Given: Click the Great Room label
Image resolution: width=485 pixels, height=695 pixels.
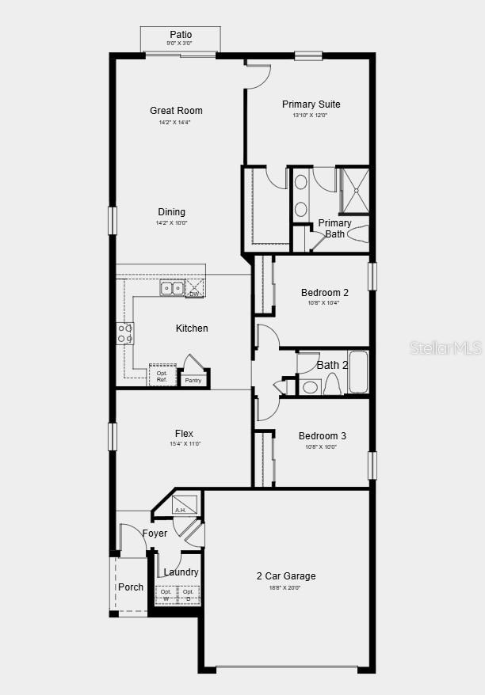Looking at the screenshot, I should pos(176,111).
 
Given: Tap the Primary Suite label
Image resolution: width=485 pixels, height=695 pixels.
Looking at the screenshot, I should pos(311,104).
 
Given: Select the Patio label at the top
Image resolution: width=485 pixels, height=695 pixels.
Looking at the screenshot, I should pos(181,35).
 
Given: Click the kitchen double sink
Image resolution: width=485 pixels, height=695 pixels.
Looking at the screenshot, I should pos(172,288).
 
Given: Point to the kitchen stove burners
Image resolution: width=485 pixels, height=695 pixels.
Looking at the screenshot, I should pos(125,333).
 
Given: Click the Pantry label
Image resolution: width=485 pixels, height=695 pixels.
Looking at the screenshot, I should pos(193,381).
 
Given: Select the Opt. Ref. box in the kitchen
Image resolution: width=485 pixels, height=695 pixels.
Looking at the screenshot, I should pos(162,376).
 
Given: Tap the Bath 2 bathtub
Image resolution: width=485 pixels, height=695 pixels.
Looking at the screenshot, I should pos(358,373).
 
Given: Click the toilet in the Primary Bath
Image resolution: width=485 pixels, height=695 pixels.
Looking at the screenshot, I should pos(357,234).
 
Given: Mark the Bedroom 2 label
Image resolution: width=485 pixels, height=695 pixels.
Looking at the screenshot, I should pos(324,293).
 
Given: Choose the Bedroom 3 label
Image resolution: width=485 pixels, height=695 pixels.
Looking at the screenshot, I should pos(322,436).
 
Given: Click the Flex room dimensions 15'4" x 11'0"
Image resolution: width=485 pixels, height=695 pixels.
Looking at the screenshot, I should pos(184,444).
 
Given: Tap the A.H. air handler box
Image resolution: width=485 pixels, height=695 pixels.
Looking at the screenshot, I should pos(185,505).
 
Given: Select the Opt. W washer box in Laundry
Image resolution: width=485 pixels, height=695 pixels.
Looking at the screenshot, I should pos(166,594).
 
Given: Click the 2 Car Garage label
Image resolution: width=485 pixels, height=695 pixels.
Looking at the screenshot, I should pos(285,576).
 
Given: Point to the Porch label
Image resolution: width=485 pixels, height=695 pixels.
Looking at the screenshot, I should pos(131,587).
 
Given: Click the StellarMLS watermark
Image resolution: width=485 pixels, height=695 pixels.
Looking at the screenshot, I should pos(445,347).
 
